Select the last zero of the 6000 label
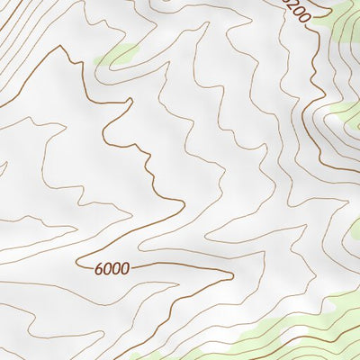tap(125, 267)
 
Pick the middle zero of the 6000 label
tap(117, 267)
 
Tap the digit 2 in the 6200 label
tap(293, 10)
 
